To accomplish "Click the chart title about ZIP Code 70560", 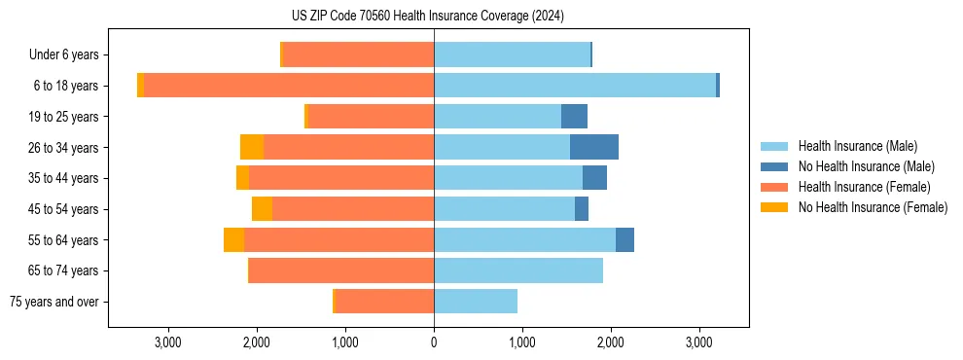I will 427,16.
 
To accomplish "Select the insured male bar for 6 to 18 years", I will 575,86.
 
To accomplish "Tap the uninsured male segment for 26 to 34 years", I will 594,147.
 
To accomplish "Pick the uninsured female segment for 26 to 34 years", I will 252,147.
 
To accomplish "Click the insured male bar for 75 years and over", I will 476,302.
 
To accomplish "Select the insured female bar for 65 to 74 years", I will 341,270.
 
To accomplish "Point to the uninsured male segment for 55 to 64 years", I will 624,239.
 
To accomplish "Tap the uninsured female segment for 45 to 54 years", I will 262,209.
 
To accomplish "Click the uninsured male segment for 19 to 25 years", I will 574,117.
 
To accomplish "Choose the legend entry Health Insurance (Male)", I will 857,146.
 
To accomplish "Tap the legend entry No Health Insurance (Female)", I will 873,207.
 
